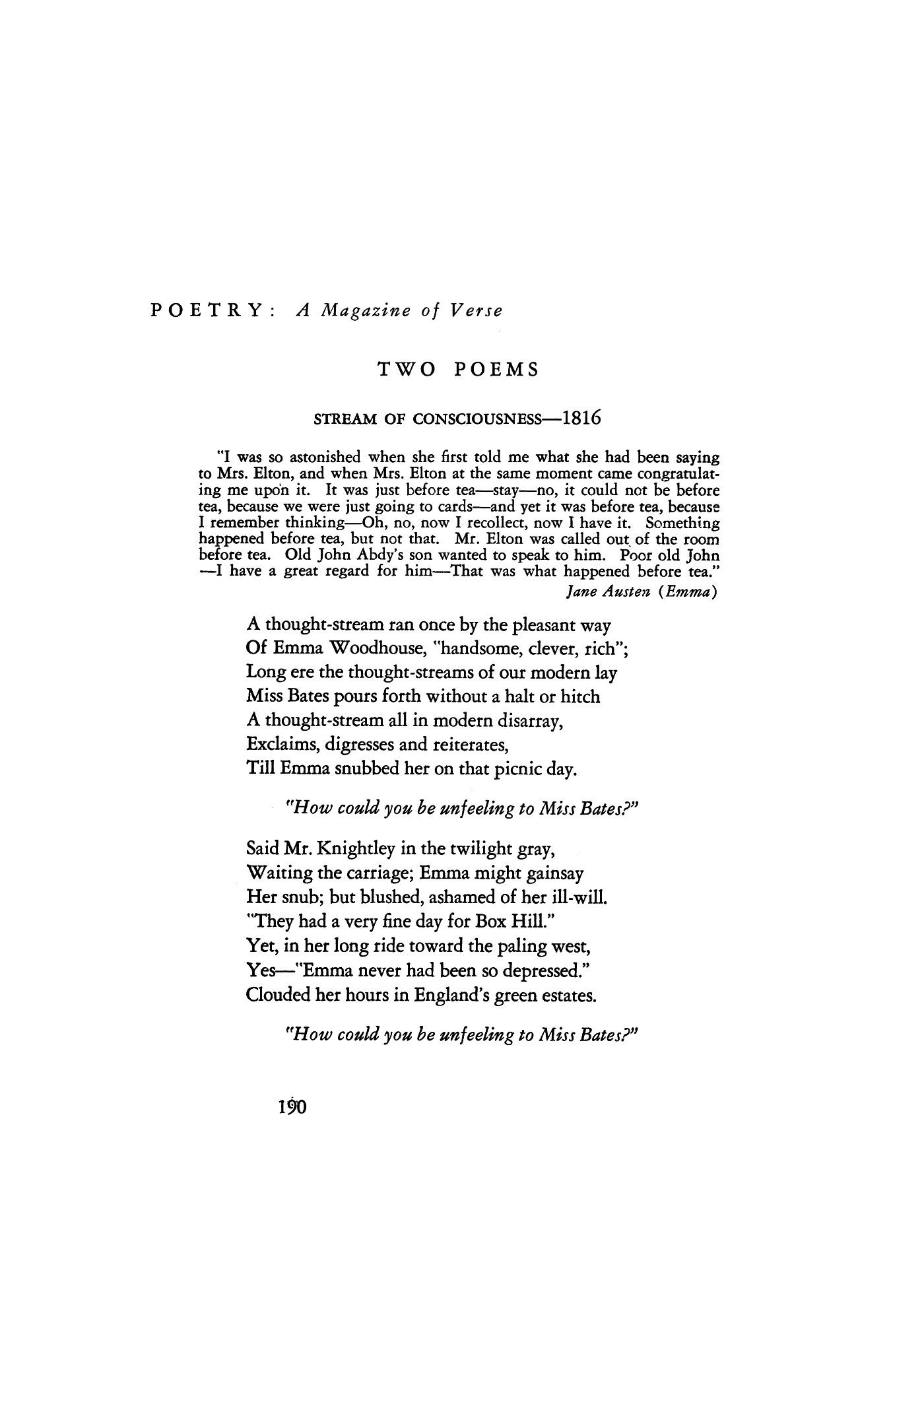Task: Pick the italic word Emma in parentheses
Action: coord(688,592)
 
